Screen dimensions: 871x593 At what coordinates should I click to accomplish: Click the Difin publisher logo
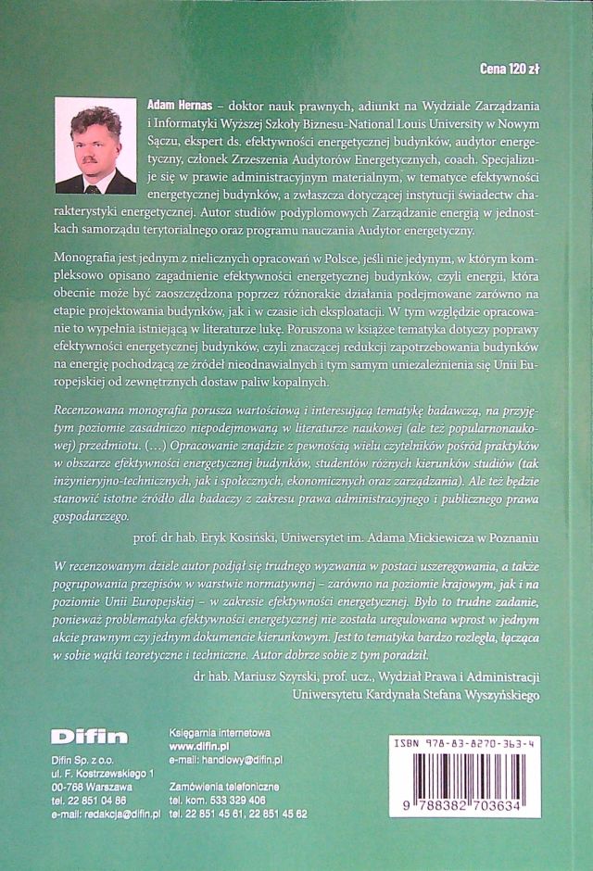pyautogui.click(x=89, y=738)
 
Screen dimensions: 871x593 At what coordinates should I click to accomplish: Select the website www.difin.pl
pyautogui.click(x=199, y=745)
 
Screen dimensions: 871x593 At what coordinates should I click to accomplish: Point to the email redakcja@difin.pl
pyautogui.click(x=122, y=813)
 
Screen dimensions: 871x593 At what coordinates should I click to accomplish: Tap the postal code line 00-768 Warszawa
pyautogui.click(x=92, y=786)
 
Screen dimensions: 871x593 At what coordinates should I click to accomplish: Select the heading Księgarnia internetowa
pyautogui.click(x=220, y=732)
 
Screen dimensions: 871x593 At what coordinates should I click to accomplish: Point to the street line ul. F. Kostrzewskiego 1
pyautogui.click(x=103, y=773)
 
